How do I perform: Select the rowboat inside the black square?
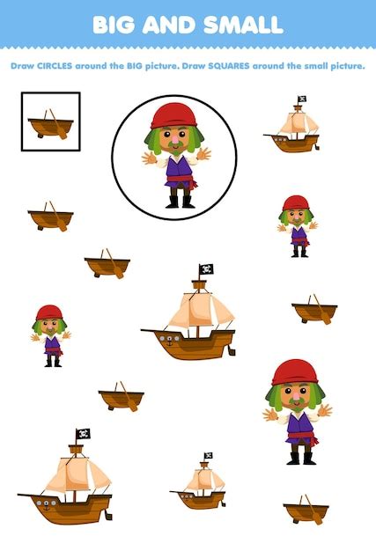[49, 125]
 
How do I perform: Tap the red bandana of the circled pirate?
[173, 117]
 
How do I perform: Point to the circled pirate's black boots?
[180, 201]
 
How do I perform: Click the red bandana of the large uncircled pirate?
[295, 372]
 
